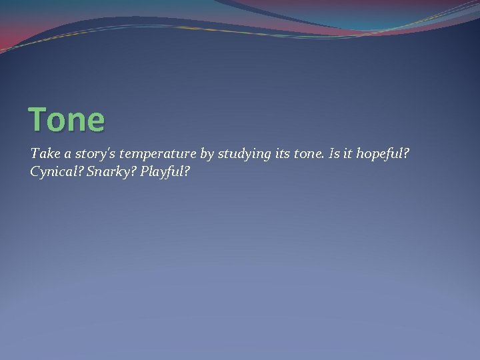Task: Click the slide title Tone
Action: click(67, 120)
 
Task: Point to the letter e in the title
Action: click(96, 122)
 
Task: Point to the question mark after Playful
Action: click(187, 171)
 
